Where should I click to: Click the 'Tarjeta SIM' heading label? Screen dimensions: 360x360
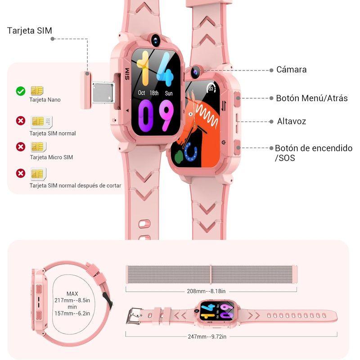(x=30, y=31)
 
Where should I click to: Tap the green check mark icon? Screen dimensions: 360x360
(x=20, y=91)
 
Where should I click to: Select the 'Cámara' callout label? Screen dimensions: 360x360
(x=291, y=70)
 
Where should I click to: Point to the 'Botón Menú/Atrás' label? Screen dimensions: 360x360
(x=311, y=98)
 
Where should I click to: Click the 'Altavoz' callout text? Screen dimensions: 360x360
(x=291, y=121)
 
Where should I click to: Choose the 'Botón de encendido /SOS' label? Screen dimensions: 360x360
(x=313, y=153)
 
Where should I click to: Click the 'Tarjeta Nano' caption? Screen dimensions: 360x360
(x=45, y=100)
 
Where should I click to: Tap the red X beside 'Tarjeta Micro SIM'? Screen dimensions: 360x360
(x=20, y=147)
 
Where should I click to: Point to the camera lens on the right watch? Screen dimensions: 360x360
(x=196, y=71)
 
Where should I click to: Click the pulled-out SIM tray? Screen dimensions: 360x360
(x=101, y=93)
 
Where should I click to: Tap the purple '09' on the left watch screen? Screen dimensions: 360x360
(x=156, y=115)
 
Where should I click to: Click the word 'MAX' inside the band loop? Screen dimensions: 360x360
(x=72, y=294)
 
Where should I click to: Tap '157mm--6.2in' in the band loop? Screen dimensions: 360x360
(x=72, y=314)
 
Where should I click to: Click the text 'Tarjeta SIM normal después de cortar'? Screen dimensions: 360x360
(x=75, y=185)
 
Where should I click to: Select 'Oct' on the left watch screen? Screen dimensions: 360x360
(x=142, y=93)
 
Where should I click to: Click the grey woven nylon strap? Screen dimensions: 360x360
(x=211, y=274)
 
